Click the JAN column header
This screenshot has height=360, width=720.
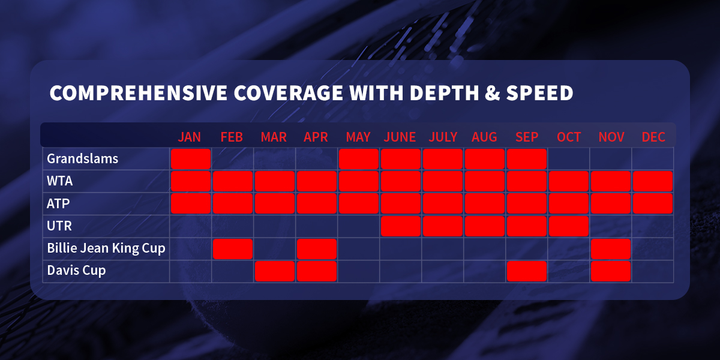(x=190, y=137)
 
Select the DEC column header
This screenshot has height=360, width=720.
(x=653, y=137)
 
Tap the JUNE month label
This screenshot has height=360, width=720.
(x=400, y=137)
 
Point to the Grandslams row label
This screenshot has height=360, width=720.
(x=83, y=159)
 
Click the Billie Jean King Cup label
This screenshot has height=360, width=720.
(x=106, y=248)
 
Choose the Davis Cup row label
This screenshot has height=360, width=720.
(x=76, y=271)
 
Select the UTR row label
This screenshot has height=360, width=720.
(x=59, y=226)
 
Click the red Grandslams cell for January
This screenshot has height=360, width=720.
(x=191, y=159)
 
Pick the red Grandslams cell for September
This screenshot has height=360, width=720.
(x=527, y=159)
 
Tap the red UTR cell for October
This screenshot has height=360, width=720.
(x=569, y=226)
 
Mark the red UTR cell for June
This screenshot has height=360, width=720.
(x=401, y=226)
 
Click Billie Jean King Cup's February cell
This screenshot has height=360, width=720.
(x=233, y=249)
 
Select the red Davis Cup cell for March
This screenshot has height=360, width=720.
(x=275, y=271)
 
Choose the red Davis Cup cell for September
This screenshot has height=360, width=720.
(x=527, y=271)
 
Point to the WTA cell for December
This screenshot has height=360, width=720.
(x=653, y=181)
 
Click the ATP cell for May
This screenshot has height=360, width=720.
(x=358, y=203)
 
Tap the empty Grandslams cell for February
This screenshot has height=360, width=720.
(x=233, y=159)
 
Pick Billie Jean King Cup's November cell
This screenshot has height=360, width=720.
(x=611, y=249)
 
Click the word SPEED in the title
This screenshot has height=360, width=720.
(x=539, y=93)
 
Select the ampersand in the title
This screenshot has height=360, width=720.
(x=493, y=93)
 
